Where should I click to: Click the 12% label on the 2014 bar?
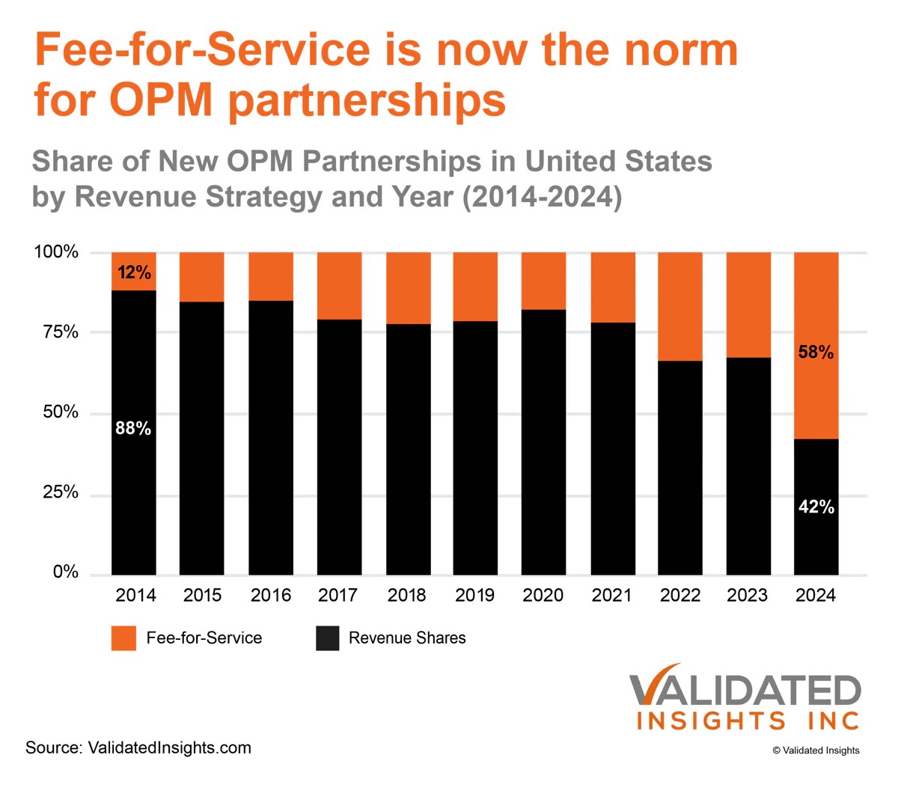[x=134, y=272]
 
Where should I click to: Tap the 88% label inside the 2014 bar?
[x=133, y=429]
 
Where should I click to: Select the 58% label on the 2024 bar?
[x=816, y=352]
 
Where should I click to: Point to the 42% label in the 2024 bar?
[x=816, y=507]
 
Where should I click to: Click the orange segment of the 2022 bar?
[x=680, y=307]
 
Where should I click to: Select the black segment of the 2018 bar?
[x=409, y=449]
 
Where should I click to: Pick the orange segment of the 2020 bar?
[x=543, y=281]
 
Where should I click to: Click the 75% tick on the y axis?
[x=61, y=332]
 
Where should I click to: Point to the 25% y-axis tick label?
[x=61, y=492]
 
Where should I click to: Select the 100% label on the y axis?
[x=56, y=252]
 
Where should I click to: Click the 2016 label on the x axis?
[x=271, y=596]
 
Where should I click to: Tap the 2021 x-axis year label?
[x=611, y=596]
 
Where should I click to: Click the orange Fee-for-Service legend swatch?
[x=123, y=638]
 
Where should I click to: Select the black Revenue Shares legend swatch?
[x=328, y=638]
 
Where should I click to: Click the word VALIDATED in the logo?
[x=745, y=691]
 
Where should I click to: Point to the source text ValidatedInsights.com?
[x=169, y=748]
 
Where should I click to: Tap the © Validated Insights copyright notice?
[x=816, y=751]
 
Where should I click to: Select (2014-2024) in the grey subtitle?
[x=543, y=197]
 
